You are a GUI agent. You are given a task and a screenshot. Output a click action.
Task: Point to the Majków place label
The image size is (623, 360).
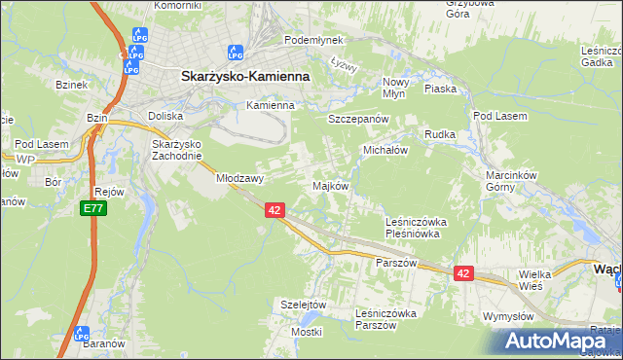click(x=330, y=186)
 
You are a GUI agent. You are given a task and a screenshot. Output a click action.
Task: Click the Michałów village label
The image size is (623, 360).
click(x=385, y=151)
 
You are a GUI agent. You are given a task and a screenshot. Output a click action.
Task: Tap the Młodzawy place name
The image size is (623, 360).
click(x=240, y=178)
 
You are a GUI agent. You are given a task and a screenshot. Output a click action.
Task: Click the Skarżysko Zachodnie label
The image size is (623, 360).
click(x=176, y=150)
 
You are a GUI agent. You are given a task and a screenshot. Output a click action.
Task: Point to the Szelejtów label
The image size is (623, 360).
click(x=302, y=304)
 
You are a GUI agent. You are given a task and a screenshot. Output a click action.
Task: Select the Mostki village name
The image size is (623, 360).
click(x=306, y=332)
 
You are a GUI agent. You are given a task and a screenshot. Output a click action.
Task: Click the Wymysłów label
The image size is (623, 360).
click(x=508, y=317)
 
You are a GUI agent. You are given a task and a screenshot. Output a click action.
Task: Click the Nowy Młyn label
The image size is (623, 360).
click(x=397, y=88)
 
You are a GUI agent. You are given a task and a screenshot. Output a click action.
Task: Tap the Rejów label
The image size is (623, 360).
click(x=109, y=192)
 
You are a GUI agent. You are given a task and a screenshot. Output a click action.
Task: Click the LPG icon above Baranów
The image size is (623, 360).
click(x=82, y=333)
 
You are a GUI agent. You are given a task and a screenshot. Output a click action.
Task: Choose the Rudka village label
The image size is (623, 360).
click(x=440, y=134)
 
